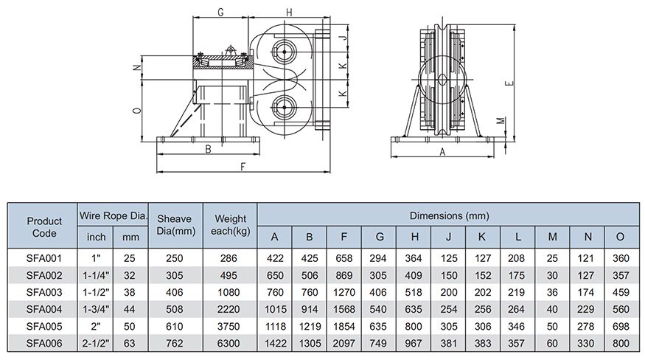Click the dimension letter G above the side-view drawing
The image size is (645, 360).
click(x=221, y=12)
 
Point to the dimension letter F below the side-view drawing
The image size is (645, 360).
click(x=243, y=167)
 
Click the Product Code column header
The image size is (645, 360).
click(x=44, y=226)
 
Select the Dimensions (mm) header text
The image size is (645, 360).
click(x=448, y=215)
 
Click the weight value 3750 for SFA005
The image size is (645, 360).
click(x=229, y=325)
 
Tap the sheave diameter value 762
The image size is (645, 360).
click(x=175, y=342)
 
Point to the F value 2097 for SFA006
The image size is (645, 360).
click(x=345, y=342)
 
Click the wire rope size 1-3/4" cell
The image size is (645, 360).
click(x=96, y=309)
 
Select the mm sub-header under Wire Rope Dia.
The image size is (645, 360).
click(x=130, y=237)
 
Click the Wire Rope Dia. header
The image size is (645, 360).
click(x=114, y=215)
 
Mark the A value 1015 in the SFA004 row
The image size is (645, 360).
click(x=275, y=309)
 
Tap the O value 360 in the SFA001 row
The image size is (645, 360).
click(x=621, y=259)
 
